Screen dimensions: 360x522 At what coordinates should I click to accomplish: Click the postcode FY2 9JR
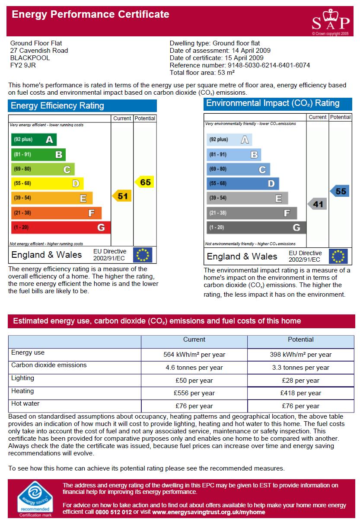click(x=23, y=65)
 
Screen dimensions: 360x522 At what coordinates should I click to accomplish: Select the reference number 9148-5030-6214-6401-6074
click(x=269, y=65)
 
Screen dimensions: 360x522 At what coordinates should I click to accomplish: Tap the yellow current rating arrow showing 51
click(x=121, y=196)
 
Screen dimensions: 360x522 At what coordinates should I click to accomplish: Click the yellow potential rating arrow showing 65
click(x=144, y=182)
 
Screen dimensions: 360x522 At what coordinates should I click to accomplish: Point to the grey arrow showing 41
click(x=317, y=204)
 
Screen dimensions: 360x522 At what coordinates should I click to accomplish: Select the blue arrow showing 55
click(x=340, y=191)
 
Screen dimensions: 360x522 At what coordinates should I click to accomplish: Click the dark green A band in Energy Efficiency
click(x=34, y=139)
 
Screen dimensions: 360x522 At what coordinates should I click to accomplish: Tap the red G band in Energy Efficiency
click(x=61, y=227)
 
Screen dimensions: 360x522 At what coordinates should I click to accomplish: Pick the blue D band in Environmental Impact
click(x=242, y=183)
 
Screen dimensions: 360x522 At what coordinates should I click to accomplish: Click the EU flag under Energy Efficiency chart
click(x=143, y=255)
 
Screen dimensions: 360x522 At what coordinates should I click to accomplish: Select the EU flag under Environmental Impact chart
click(x=338, y=256)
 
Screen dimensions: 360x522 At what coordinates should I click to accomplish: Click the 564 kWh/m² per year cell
click(x=194, y=355)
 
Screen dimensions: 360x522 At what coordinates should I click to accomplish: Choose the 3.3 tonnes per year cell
click(x=301, y=368)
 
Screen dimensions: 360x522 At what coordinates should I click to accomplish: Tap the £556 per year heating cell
click(x=194, y=393)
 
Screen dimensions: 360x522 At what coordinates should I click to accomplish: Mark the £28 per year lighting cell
click(x=301, y=381)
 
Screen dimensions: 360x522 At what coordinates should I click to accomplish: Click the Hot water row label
click(x=25, y=404)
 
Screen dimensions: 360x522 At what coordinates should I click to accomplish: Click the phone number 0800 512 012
click(x=113, y=512)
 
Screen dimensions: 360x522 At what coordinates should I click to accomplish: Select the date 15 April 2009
click(x=244, y=58)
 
